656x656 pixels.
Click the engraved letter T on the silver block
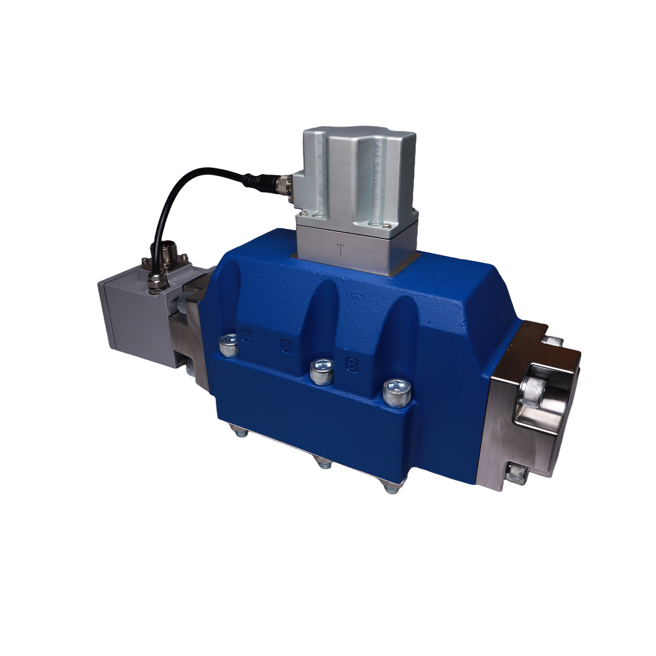click(x=341, y=250)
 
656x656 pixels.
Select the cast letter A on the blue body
click(x=287, y=347)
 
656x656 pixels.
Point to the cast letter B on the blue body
click(x=351, y=364)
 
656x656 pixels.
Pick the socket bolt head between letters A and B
click(x=322, y=371)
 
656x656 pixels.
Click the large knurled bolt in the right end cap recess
click(x=533, y=392)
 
